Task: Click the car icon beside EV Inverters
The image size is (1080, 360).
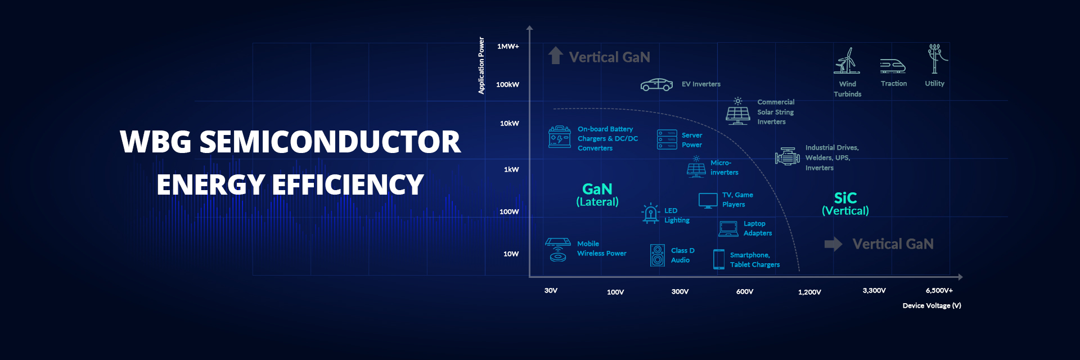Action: pos(656,84)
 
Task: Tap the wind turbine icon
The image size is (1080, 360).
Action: pos(847,61)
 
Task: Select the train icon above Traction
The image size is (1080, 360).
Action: pos(893,66)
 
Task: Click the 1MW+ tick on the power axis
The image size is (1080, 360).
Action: pos(508,46)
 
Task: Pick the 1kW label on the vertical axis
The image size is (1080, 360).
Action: pos(511,169)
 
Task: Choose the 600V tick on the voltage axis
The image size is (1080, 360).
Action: pos(745,291)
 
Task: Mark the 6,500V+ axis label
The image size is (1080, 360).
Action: pos(939,290)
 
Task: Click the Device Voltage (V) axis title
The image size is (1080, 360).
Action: pos(932,305)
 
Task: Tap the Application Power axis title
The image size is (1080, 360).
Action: pos(481,65)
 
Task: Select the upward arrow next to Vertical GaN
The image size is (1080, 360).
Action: pos(556,55)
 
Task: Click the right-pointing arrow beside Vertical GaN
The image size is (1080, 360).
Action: pos(833,244)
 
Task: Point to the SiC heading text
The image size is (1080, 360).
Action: pos(845,198)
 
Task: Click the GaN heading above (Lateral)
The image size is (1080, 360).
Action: pos(597,189)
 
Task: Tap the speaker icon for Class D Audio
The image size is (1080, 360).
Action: pos(658,255)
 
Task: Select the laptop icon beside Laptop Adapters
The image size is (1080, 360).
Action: pos(728,228)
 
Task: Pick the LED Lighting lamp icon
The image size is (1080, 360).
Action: pos(651,213)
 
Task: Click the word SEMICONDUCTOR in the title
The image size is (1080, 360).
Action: pos(330,142)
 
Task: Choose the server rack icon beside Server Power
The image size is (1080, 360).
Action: pos(667,139)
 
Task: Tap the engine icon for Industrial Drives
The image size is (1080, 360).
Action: pos(787,157)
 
